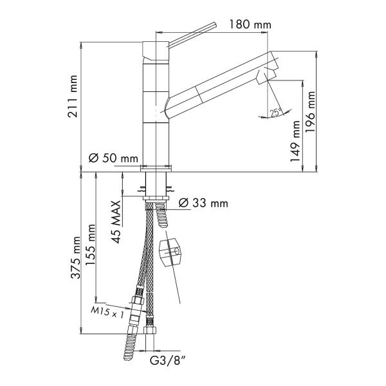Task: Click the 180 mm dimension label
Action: point(250,24)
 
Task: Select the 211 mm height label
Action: point(73,96)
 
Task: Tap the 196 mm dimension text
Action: point(311,112)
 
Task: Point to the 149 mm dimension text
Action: point(295,141)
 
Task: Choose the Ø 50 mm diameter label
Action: point(113,158)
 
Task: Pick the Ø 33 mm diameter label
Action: point(203,203)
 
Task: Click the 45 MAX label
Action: point(116,222)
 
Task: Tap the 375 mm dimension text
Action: point(75,257)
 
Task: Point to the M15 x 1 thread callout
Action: point(107,313)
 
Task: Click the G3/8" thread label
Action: point(168,361)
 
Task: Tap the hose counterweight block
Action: point(171,252)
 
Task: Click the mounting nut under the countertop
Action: point(156,199)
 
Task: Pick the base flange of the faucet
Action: point(156,169)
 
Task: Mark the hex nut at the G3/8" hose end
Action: point(150,330)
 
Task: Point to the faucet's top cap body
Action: point(156,51)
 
